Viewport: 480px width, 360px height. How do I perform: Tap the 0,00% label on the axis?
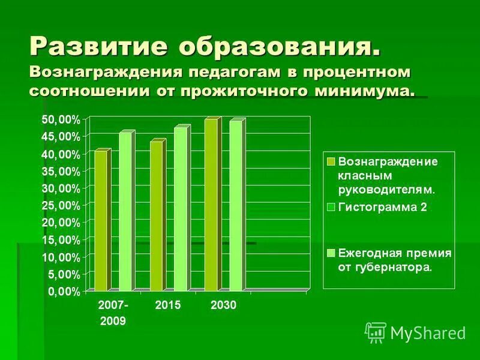coord(64,292)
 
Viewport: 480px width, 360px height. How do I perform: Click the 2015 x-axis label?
coord(168,305)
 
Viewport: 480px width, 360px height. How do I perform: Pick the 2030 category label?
coord(224,305)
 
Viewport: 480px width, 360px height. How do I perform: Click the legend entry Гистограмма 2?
coord(384,208)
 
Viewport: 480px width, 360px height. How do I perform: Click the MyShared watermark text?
coord(428,332)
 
